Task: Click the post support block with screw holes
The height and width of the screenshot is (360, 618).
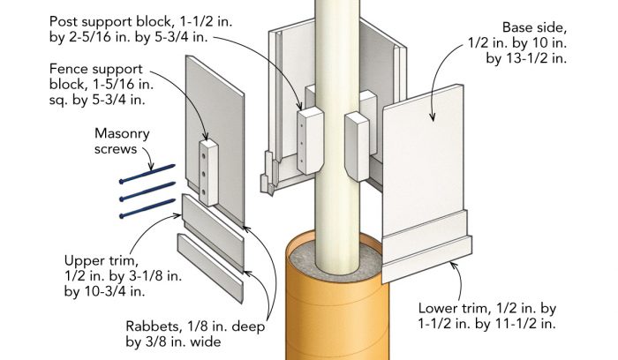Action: pos(306,137)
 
